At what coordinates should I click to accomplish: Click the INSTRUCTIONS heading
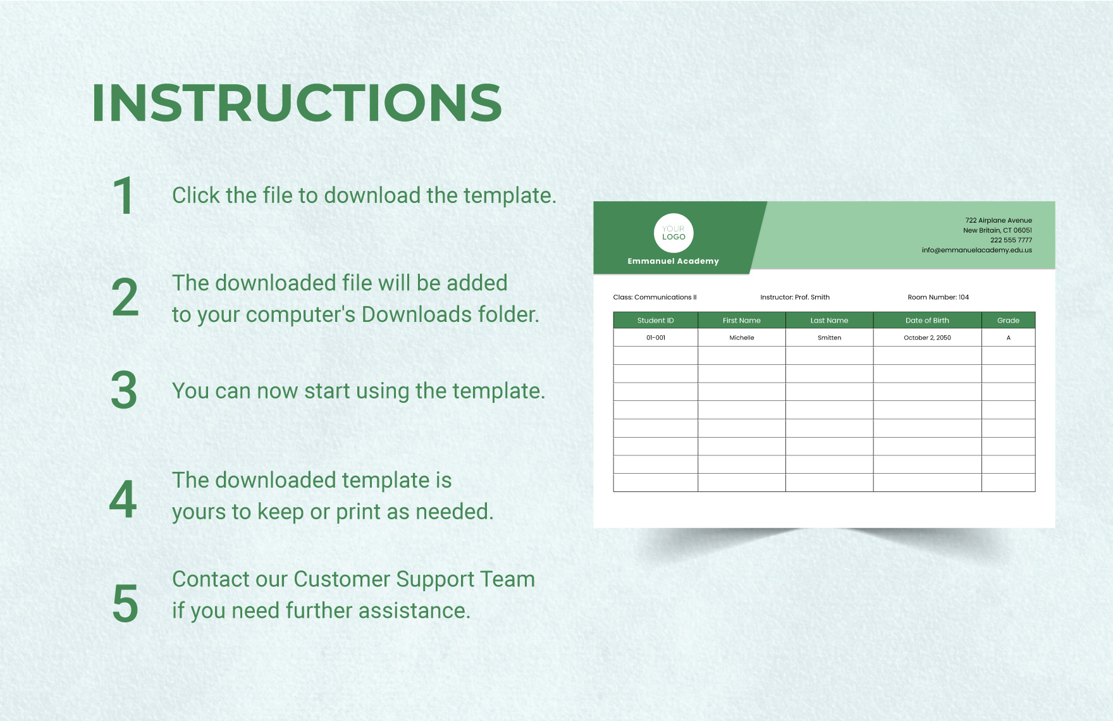[x=297, y=102]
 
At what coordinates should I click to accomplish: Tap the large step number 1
[x=123, y=196]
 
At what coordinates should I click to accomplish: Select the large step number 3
[x=124, y=390]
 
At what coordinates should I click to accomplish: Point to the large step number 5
[x=125, y=603]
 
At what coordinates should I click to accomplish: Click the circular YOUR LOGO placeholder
[x=673, y=233]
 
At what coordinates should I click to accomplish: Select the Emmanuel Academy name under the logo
[x=673, y=261]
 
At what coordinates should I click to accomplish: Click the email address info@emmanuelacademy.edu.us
[x=976, y=250]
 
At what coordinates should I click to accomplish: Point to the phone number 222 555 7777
[x=1011, y=240]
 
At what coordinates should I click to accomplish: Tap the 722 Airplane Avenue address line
[x=999, y=221]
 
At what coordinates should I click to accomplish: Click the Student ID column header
[x=656, y=320]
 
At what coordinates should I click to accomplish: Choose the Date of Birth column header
[x=927, y=320]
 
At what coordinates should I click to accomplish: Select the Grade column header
[x=1008, y=320]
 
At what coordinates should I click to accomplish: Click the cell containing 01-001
[x=656, y=338]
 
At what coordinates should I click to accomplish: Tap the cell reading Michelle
[x=742, y=338]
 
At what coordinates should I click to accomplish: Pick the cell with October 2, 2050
[x=927, y=338]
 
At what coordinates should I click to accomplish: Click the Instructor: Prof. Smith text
[x=795, y=297]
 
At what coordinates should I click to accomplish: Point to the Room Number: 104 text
[x=938, y=297]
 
